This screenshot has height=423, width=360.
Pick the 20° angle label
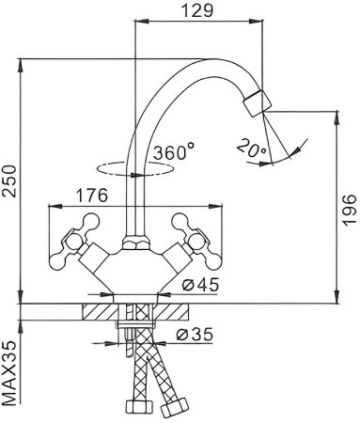[x=250, y=148]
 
